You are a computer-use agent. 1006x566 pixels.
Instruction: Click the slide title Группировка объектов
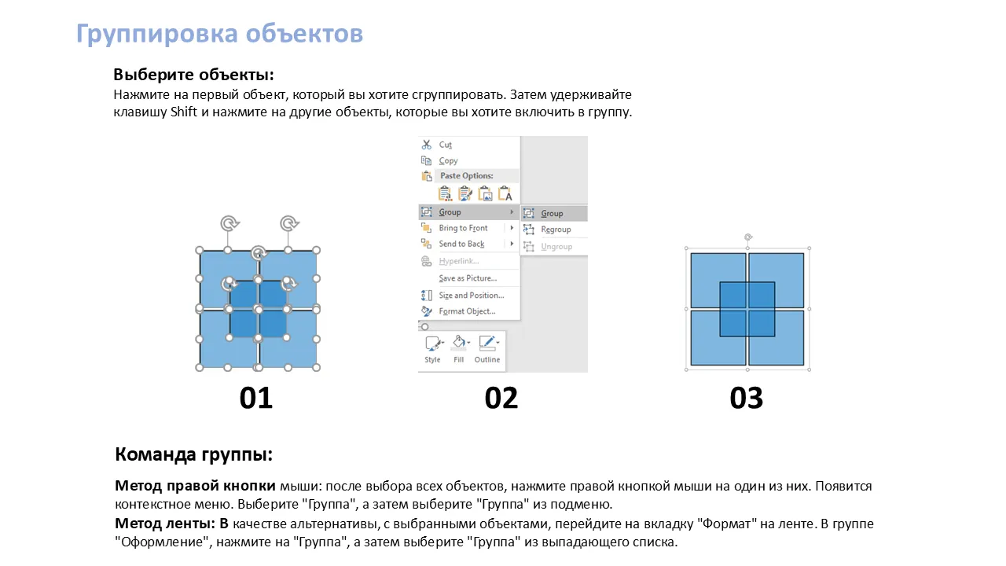(x=219, y=34)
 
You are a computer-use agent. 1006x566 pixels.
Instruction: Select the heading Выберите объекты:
(x=193, y=75)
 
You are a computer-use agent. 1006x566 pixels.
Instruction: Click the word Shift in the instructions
(x=184, y=112)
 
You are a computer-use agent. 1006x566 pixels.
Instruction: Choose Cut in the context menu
(x=445, y=145)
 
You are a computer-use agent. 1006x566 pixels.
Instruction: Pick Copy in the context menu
(x=448, y=161)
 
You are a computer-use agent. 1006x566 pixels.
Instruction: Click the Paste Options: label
(x=467, y=175)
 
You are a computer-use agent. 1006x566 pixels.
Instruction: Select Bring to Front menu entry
(x=463, y=228)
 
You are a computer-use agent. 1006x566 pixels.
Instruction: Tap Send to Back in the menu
(x=461, y=244)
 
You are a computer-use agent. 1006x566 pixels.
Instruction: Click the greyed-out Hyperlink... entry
(x=458, y=261)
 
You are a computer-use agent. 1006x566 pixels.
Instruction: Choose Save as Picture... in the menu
(x=468, y=278)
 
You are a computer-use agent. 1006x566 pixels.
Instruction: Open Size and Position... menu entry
(x=471, y=295)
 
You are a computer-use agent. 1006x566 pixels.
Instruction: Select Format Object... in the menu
(x=467, y=311)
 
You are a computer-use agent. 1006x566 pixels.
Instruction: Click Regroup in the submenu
(x=556, y=230)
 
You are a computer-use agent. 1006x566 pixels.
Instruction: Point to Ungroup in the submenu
(x=556, y=247)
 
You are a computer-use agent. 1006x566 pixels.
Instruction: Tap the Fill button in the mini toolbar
(x=458, y=349)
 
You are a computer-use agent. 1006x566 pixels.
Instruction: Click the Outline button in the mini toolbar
(x=487, y=349)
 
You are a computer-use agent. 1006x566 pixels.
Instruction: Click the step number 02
(x=501, y=398)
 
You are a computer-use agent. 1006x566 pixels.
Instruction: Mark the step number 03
(x=747, y=398)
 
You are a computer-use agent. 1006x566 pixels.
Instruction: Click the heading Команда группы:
(x=193, y=454)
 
